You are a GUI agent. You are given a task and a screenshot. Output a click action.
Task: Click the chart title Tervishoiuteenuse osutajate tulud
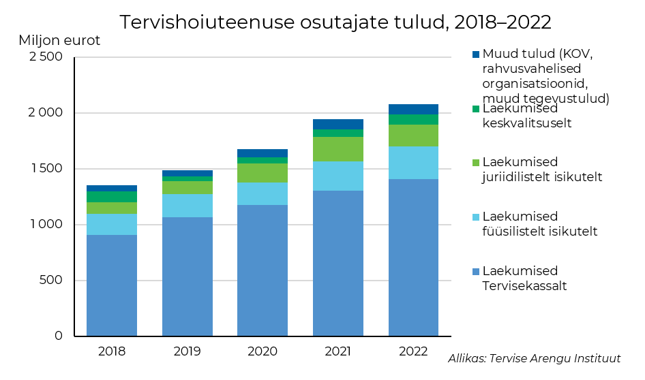click(x=335, y=22)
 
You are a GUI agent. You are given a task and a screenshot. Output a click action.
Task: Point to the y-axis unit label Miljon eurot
click(x=59, y=40)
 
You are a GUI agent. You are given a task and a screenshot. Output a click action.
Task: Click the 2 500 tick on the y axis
click(x=44, y=57)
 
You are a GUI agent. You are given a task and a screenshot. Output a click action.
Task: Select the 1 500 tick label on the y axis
click(x=44, y=169)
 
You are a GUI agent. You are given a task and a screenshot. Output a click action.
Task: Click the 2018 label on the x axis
click(x=112, y=351)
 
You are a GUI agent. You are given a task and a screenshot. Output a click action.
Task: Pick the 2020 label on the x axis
click(x=262, y=351)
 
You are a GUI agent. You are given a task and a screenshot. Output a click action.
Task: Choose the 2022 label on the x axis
click(x=413, y=351)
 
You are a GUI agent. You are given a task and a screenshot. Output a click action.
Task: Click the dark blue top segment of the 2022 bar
click(x=413, y=109)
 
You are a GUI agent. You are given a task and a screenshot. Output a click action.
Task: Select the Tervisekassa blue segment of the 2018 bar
click(x=112, y=285)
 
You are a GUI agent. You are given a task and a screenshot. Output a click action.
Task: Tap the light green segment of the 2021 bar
click(x=337, y=149)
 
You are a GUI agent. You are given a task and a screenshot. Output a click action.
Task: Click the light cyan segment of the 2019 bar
click(x=187, y=206)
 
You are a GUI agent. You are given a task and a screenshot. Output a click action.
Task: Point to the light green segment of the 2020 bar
click(x=262, y=173)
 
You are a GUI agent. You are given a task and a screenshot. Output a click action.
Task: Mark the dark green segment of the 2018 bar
click(x=112, y=197)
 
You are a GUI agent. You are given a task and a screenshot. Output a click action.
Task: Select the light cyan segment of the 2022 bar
click(x=413, y=163)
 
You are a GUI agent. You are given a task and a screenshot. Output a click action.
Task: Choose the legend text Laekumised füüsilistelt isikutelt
click(x=539, y=223)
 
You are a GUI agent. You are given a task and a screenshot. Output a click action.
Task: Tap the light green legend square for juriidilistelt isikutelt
click(x=476, y=163)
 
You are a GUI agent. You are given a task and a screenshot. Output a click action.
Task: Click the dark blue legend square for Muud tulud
click(x=476, y=54)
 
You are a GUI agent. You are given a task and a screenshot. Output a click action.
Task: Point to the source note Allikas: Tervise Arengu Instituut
click(x=535, y=359)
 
